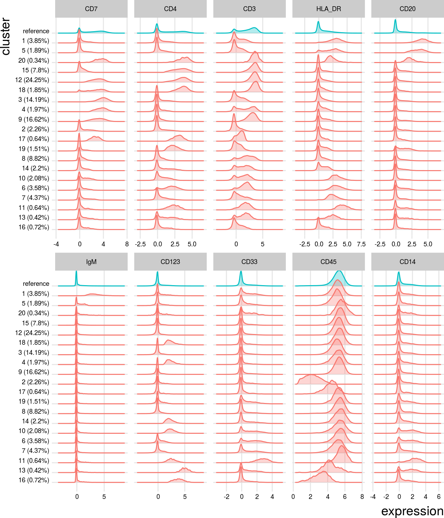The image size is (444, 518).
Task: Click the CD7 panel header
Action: point(91,9)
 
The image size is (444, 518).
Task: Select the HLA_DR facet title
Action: point(328,9)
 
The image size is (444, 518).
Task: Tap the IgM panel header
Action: point(91,262)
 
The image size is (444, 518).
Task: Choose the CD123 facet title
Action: point(170,262)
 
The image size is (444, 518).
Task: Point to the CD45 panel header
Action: point(328,262)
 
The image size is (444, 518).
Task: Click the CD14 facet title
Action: point(407,262)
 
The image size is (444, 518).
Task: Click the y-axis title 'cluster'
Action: point(6,36)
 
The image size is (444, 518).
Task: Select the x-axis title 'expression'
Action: point(412,511)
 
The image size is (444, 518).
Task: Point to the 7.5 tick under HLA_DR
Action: point(361,244)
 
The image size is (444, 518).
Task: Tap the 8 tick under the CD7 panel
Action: point(127,244)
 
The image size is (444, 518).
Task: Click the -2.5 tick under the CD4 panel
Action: point(140,244)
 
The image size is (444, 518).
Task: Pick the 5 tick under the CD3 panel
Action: point(263,244)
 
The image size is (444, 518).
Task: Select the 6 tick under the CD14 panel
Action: point(439,497)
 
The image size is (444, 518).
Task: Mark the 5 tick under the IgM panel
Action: point(104,497)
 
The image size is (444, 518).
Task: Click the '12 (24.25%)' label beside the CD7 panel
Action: point(32,80)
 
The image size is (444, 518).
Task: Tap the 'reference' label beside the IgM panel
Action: point(36,284)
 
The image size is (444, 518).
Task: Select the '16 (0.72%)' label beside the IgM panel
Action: point(34,480)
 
